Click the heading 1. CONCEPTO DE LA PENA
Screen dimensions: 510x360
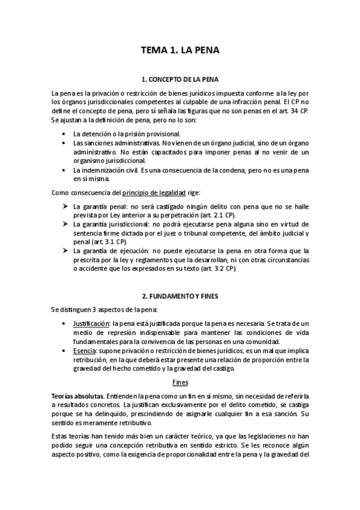click(180, 79)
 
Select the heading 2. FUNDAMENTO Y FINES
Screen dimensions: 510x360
click(180, 296)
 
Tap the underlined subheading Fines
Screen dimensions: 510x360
click(180, 382)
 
